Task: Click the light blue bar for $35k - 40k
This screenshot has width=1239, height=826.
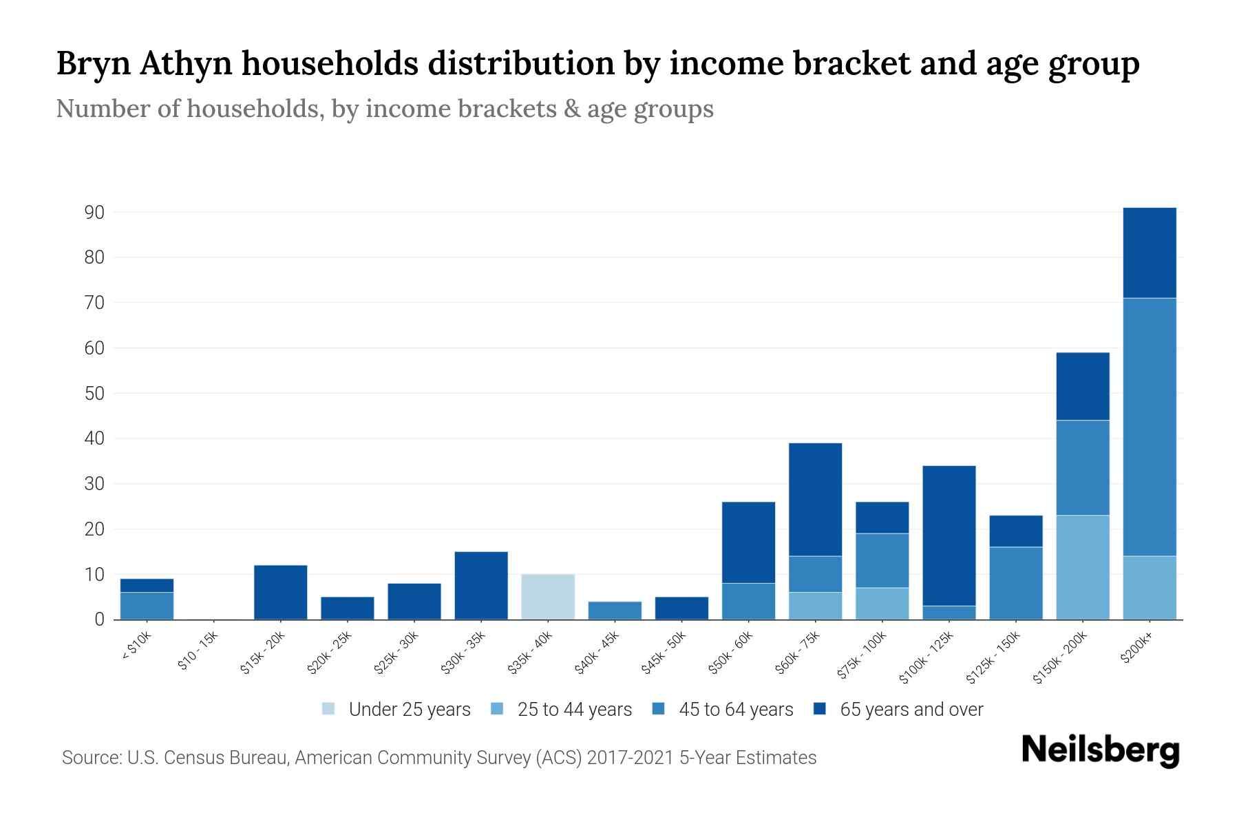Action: pyautogui.click(x=548, y=597)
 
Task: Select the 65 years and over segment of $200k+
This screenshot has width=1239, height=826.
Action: pyautogui.click(x=1149, y=253)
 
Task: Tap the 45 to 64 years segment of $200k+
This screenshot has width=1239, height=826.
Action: pyautogui.click(x=1149, y=427)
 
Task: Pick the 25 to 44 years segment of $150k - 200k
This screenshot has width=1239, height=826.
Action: pyautogui.click(x=1082, y=567)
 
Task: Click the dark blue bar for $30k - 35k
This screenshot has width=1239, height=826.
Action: pyautogui.click(x=481, y=585)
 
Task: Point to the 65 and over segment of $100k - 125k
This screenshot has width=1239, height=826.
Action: pyautogui.click(x=949, y=536)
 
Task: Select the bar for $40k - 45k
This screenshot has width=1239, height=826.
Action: pyautogui.click(x=615, y=611)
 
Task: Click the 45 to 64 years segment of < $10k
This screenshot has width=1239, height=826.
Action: pyautogui.click(x=147, y=606)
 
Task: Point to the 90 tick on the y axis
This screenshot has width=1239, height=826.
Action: pyautogui.click(x=94, y=213)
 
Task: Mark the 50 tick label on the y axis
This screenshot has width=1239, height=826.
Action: pyautogui.click(x=94, y=394)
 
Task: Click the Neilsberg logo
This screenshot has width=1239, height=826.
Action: pyautogui.click(x=1100, y=750)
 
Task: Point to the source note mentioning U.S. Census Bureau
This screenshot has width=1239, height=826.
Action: pyautogui.click(x=438, y=758)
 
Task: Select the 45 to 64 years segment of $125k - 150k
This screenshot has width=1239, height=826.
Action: pyautogui.click(x=1015, y=583)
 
